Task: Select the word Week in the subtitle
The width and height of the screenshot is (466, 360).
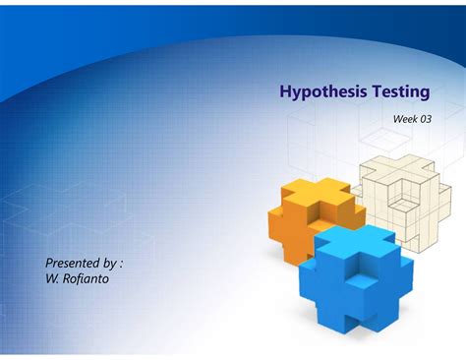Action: click(405, 119)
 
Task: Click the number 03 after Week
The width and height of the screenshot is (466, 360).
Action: click(426, 119)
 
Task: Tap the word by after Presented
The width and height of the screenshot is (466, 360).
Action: click(109, 263)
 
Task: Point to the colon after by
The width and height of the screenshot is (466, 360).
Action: click(121, 264)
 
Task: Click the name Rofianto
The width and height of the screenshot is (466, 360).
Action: click(87, 279)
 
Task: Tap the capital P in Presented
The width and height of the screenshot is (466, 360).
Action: click(50, 263)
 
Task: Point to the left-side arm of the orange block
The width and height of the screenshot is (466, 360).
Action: click(277, 221)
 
